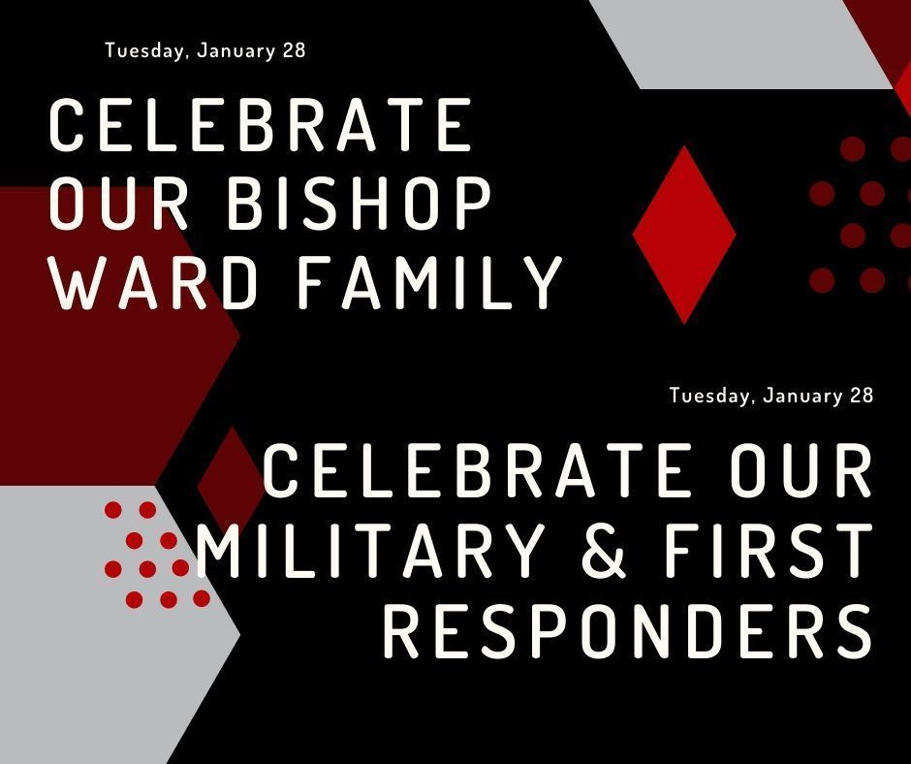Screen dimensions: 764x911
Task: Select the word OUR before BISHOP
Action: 119,205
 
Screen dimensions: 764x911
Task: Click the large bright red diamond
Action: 684,234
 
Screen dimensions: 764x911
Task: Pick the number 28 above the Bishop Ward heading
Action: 294,50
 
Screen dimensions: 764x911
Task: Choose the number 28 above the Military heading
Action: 861,396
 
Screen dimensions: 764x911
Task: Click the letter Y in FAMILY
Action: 542,283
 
